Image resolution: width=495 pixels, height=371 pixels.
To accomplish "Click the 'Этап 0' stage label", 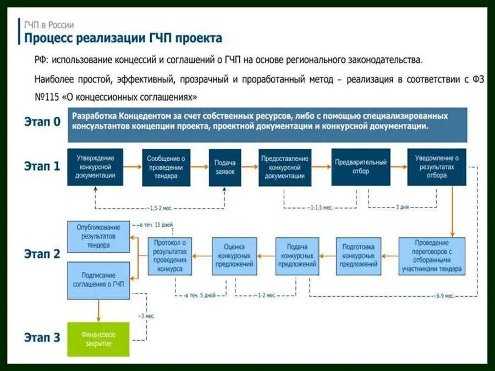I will coord(42,122).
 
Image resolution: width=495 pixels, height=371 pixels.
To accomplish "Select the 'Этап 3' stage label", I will coord(42,338).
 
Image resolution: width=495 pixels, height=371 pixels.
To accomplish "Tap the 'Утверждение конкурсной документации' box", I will coord(96,166).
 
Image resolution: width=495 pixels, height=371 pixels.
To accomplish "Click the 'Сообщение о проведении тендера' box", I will coord(165,167).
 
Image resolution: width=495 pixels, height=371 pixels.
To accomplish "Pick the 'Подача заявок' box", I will coord(224,167).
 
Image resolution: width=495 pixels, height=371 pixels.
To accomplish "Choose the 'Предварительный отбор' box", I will coord(361,167).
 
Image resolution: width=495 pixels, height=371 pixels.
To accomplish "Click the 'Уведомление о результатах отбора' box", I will coord(436,167).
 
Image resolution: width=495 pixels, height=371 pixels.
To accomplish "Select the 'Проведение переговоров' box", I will coord(432,256).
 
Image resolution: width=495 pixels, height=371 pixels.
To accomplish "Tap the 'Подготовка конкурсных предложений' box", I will coord(358,256).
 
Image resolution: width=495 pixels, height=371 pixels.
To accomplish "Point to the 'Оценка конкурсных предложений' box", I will coord(235,256).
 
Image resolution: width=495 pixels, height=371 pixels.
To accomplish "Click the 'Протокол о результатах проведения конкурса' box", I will coord(170,256).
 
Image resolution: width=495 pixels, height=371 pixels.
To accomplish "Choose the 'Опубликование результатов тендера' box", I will coord(98,237).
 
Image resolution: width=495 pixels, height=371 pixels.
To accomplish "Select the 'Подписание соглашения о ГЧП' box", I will coord(98,280).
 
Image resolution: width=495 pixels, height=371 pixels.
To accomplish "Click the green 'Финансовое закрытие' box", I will coord(98,339).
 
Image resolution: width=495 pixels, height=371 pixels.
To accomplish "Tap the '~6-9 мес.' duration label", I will coord(446,296).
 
